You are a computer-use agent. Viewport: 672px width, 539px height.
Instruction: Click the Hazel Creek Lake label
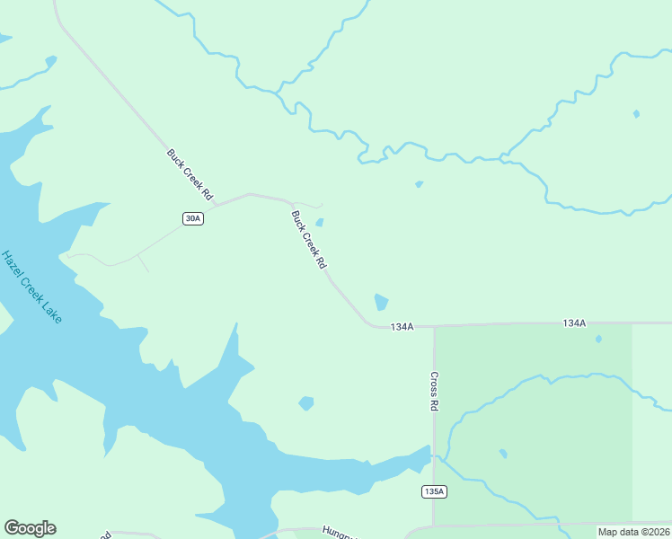32,287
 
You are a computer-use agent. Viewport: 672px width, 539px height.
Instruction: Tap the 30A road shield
192,218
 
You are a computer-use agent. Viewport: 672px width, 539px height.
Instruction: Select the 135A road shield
434,491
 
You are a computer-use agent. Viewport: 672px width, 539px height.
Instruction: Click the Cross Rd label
434,392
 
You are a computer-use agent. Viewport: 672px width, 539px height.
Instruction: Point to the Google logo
30,528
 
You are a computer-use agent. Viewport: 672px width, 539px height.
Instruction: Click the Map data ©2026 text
633,532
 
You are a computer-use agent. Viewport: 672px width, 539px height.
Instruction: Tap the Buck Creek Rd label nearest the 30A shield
190,174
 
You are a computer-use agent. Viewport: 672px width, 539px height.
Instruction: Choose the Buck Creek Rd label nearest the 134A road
308,240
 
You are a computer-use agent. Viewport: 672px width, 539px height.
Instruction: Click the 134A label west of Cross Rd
402,327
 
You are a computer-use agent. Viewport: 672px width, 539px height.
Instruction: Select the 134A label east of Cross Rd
574,323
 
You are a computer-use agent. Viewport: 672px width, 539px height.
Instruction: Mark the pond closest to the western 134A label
381,303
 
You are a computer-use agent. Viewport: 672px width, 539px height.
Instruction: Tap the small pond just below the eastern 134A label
598,339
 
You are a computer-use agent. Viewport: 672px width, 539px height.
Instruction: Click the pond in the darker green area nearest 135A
503,453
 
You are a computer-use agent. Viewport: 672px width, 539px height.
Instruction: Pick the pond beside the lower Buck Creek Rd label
320,223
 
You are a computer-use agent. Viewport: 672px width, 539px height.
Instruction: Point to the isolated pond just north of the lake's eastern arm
306,403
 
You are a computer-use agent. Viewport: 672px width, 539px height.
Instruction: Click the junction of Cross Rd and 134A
434,325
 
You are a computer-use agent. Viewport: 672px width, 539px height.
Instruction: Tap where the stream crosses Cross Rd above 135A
434,456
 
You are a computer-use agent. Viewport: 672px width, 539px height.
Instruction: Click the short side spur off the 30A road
142,263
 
